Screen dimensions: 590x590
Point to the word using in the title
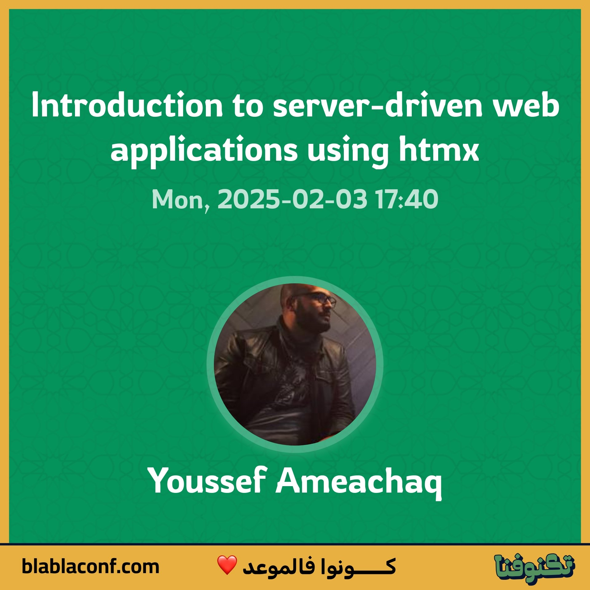tap(348, 151)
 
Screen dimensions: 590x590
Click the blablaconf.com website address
tap(90, 566)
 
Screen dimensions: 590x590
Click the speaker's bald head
tap(293, 290)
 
